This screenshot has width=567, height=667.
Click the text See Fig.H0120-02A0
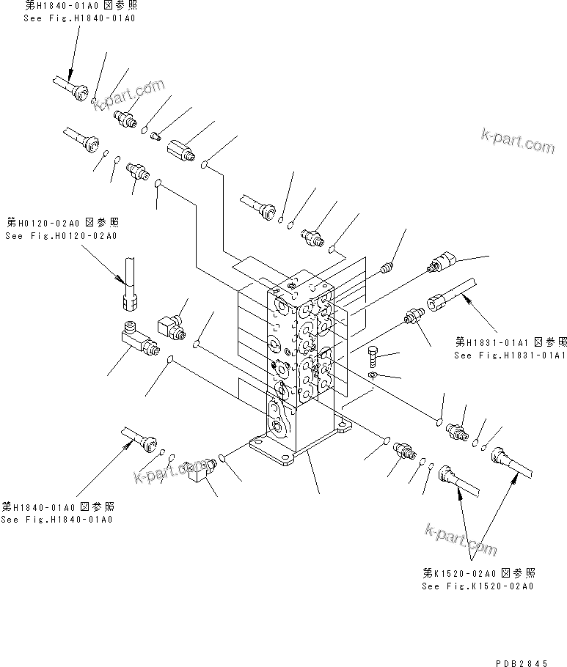[x=60, y=236]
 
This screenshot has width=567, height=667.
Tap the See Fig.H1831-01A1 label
[x=510, y=355]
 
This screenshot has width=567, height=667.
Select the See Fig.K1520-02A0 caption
[x=478, y=586]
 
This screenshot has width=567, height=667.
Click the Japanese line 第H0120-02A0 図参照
[x=62, y=222]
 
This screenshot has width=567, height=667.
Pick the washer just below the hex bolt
[x=373, y=375]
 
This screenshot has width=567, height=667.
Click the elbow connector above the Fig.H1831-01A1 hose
[x=444, y=259]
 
